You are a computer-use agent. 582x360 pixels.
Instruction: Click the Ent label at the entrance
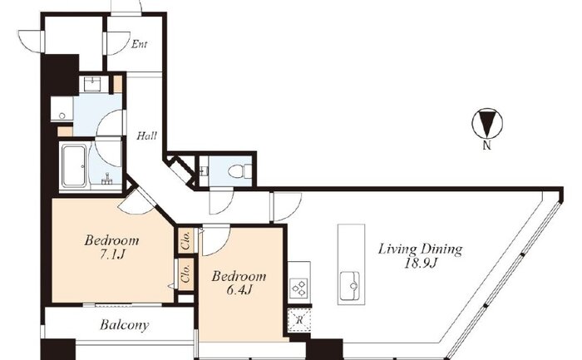pos(140,45)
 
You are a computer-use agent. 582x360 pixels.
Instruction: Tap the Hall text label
pos(146,136)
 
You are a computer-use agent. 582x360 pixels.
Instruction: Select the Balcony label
pos(125,325)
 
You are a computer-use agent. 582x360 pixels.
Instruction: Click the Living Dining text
pos(420,249)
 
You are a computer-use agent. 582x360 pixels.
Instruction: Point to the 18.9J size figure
pos(421,264)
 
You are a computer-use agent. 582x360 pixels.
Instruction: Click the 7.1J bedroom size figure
pos(111,254)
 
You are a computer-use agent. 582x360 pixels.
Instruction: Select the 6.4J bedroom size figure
pos(239,290)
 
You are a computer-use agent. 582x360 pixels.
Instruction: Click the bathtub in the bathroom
pos(74,165)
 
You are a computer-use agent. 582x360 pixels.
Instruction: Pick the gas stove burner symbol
pos(299,288)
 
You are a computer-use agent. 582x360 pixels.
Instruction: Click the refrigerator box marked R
pos(299,319)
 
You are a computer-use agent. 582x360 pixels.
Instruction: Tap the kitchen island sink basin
pos(350,286)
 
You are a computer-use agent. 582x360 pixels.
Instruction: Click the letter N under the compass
pos(487,145)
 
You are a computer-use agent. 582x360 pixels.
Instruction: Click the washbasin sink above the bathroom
pos(92,84)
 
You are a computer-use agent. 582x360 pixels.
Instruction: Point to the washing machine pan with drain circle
pos(62,109)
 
